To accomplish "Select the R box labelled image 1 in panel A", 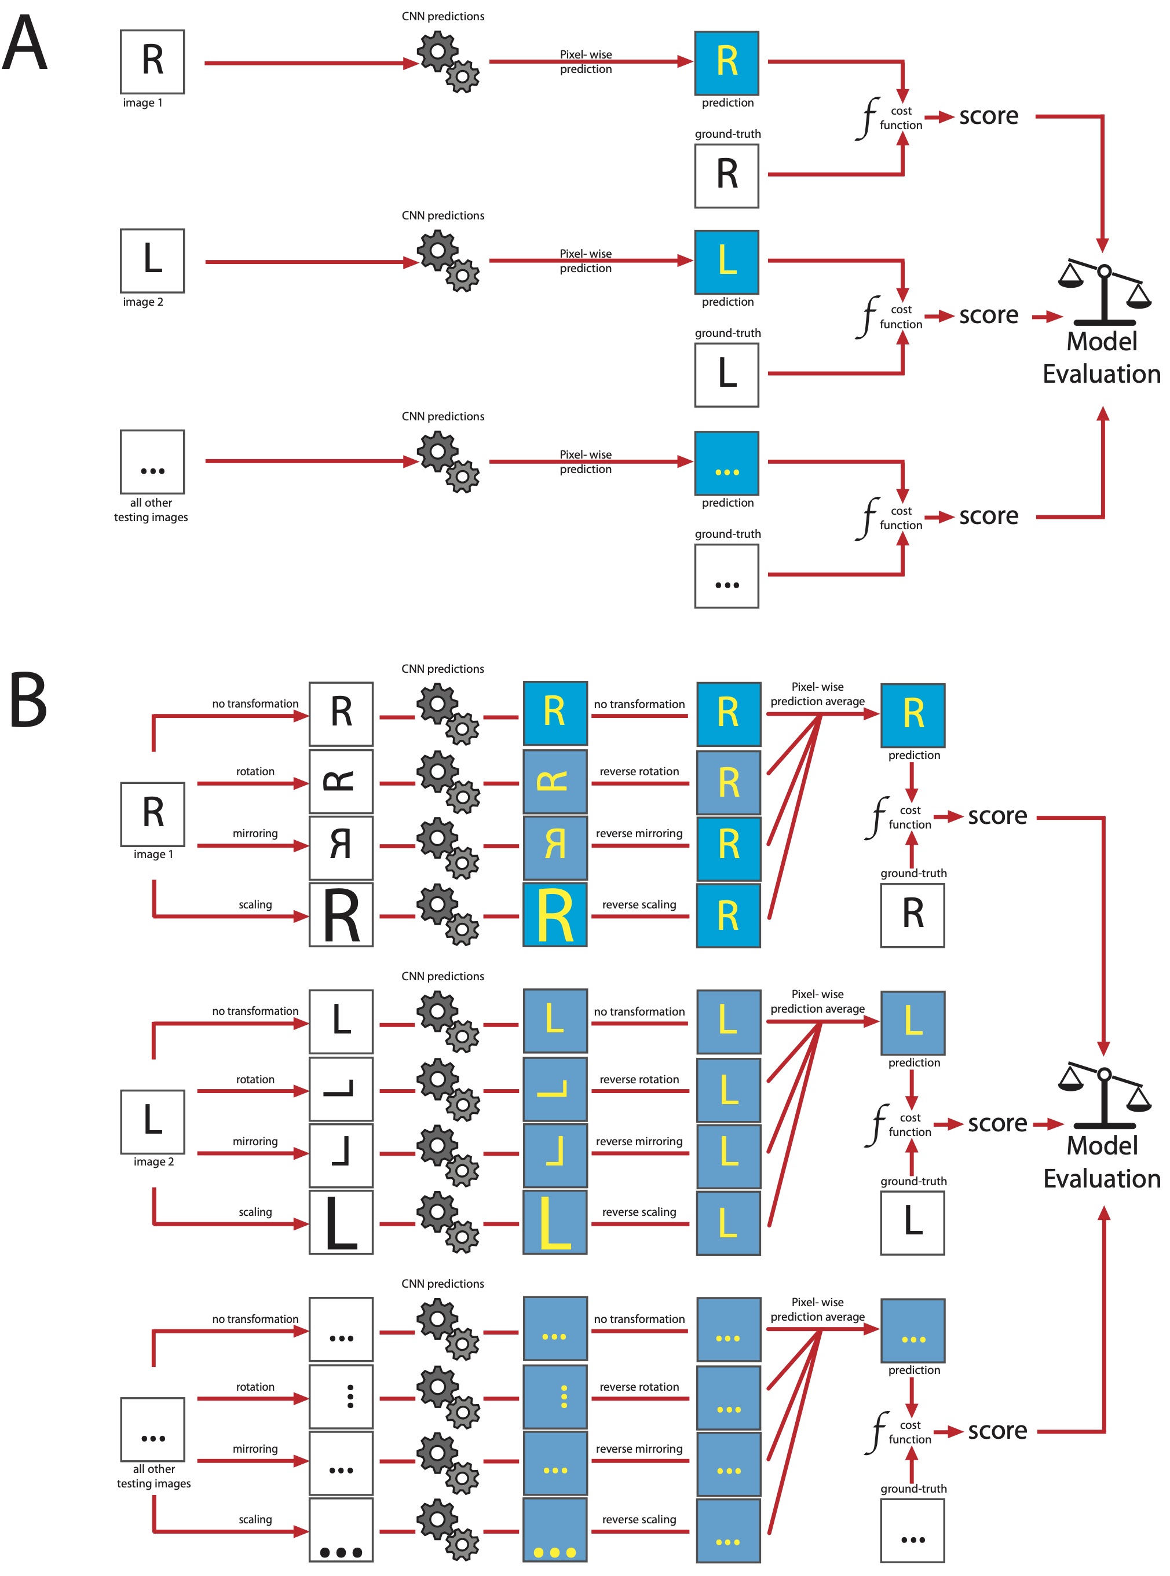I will pyautogui.click(x=152, y=61).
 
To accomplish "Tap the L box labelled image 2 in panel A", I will pyautogui.click(x=152, y=261).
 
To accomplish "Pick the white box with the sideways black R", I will pyautogui.click(x=341, y=782).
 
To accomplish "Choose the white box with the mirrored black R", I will pyautogui.click(x=341, y=846).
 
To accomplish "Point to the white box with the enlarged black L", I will pyautogui.click(x=341, y=1223).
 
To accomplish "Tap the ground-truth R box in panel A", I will pyautogui.click(x=727, y=175).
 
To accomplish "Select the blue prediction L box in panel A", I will pyautogui.click(x=727, y=261).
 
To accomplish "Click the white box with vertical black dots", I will pyautogui.click(x=341, y=1396).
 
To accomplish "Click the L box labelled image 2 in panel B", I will pyautogui.click(x=152, y=1121).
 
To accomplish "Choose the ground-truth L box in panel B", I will pyautogui.click(x=912, y=1223).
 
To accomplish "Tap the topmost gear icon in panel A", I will pyautogui.click(x=448, y=63).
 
